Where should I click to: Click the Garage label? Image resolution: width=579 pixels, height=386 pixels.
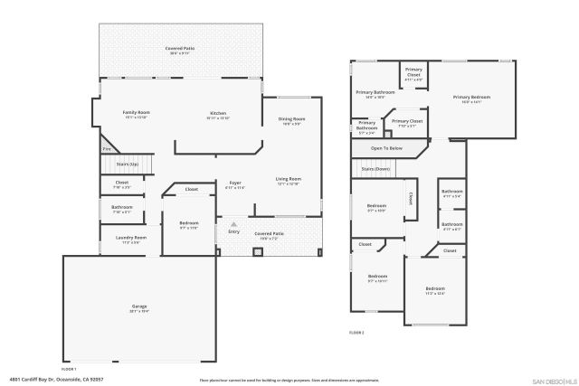coord(139,307)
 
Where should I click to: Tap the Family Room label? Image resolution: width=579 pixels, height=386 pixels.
coord(136,113)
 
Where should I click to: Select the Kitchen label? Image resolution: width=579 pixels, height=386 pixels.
coord(218,113)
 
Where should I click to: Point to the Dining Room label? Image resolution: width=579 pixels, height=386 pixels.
coord(291,119)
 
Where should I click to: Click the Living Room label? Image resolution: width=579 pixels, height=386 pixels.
coord(288,179)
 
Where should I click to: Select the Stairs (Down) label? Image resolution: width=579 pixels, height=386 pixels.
coord(375,169)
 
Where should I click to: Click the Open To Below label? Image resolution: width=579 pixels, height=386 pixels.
coord(386,147)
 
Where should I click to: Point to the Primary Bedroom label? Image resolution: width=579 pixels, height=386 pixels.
coord(471,97)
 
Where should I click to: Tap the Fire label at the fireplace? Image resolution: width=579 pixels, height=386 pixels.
coord(105,149)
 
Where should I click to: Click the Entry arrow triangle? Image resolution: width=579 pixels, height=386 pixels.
coord(233,223)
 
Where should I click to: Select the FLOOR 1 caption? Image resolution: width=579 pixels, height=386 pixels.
coord(69,369)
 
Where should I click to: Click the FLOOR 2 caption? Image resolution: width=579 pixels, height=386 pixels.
coord(357,333)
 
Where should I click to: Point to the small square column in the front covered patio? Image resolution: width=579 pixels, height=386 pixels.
coord(256,250)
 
